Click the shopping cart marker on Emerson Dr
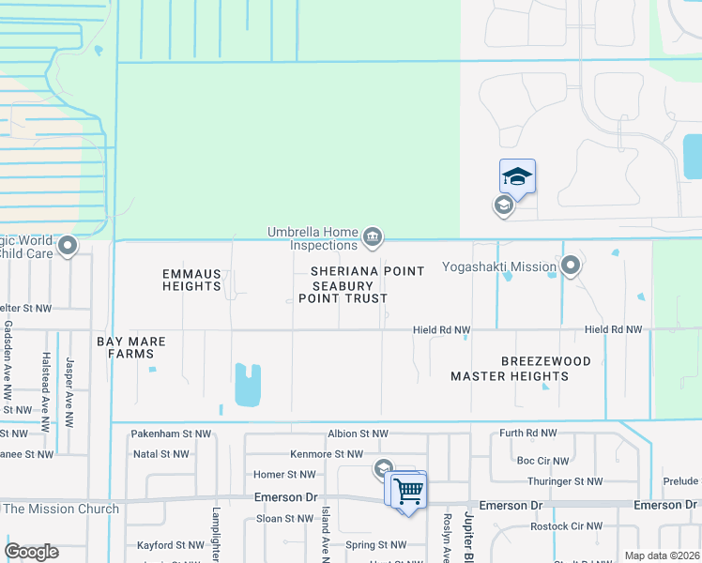pyautogui.click(x=407, y=490)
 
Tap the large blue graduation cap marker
pyautogui.click(x=517, y=176)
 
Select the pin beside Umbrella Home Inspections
pyautogui.click(x=373, y=236)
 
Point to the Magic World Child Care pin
pyautogui.click(x=68, y=247)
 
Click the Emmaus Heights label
pyautogui.click(x=191, y=280)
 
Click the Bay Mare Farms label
pyautogui.click(x=131, y=348)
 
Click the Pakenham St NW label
pyautogui.click(x=167, y=434)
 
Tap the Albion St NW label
pyautogui.click(x=358, y=434)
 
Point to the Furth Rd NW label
pyautogui.click(x=528, y=434)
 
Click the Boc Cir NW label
pyautogui.click(x=542, y=461)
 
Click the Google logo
pyautogui.click(x=32, y=552)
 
